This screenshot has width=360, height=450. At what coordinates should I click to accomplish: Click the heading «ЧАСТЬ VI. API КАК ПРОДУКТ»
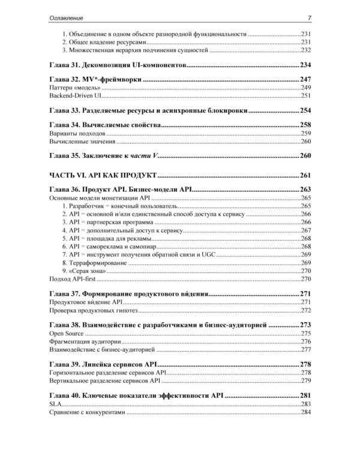pos(102,176)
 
